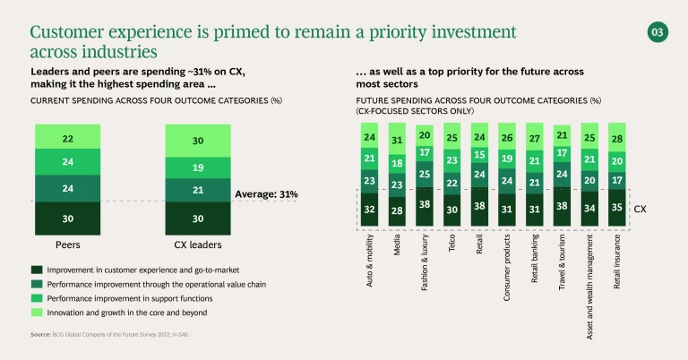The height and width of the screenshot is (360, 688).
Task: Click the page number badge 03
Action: click(x=657, y=33)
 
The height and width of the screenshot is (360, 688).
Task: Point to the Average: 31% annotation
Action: click(x=266, y=193)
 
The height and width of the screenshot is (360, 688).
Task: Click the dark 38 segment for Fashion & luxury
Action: click(x=426, y=203)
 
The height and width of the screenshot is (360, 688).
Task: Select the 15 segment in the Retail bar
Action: click(x=480, y=155)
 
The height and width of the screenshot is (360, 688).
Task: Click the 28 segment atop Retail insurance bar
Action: click(x=617, y=138)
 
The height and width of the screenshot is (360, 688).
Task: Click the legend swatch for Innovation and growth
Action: click(x=36, y=312)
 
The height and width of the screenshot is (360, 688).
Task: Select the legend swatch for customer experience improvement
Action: click(x=36, y=269)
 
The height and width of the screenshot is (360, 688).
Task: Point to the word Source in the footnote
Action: click(x=41, y=333)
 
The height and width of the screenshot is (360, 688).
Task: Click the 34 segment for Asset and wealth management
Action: click(x=589, y=209)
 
